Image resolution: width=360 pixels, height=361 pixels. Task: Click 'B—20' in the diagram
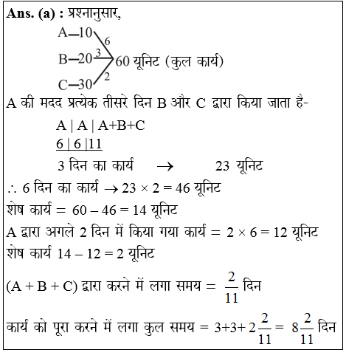[75, 58]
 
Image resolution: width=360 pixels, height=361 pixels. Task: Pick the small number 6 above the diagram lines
[108, 41]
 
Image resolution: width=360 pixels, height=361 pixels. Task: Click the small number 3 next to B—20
[98, 52]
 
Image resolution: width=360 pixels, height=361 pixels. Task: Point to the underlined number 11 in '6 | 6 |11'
[94, 144]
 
